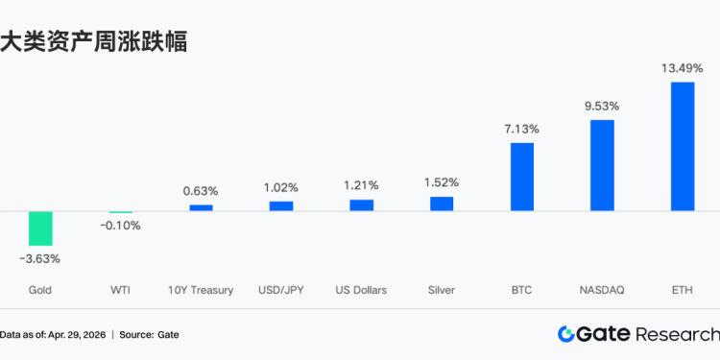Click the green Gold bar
pos(40,228)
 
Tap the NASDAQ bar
pos(602,165)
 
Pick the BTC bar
pos(521,177)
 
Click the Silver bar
pos(442,204)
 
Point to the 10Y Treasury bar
pos(201,207)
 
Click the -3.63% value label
pos(40,258)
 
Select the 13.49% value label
pos(683,68)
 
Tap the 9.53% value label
pos(602,106)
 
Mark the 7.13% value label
pos(521,129)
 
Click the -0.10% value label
pos(120,226)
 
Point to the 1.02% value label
pos(281,187)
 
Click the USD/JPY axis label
pos(281,290)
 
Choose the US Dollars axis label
pos(361,290)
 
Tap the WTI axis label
pos(120,290)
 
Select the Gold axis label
pos(40,290)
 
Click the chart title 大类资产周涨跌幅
pos(93,41)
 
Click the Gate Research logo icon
pos(566,334)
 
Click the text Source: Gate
pos(149,335)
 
